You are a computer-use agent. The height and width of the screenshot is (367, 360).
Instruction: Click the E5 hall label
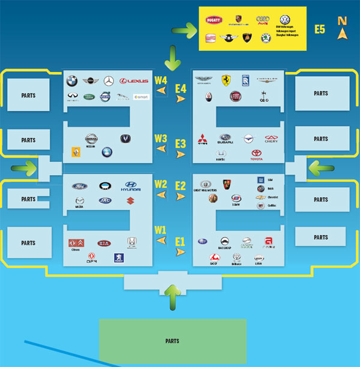pyautogui.click(x=320, y=29)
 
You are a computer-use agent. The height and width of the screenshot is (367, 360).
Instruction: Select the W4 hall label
pyautogui.click(x=161, y=80)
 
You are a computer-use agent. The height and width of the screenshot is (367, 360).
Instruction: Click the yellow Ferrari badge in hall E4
pyautogui.click(x=226, y=80)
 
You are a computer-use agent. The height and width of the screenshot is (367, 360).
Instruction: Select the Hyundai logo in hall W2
pyautogui.click(x=133, y=186)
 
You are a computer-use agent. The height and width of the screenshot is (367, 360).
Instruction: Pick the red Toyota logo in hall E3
pyautogui.click(x=257, y=154)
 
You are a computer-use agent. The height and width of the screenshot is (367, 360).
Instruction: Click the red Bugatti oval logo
pyautogui.click(x=214, y=20)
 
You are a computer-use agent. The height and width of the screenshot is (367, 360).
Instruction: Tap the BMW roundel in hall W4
pyautogui.click(x=72, y=81)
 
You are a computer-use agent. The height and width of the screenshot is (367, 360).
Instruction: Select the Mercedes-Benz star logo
pyautogui.click(x=109, y=81)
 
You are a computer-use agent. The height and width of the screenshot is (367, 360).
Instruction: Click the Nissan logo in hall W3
pyautogui.click(x=91, y=139)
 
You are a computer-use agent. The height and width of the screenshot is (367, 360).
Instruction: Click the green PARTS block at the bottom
pyautogui.click(x=172, y=341)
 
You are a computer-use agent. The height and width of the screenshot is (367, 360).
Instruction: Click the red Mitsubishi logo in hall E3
pyautogui.click(x=203, y=138)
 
